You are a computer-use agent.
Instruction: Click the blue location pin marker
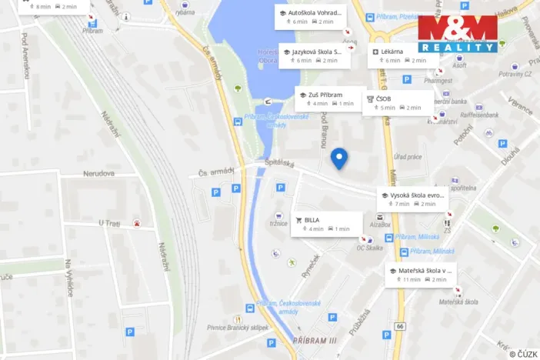click(338, 158)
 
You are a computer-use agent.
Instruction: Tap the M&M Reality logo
click(457, 35)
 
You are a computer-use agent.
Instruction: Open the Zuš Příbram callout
click(328, 98)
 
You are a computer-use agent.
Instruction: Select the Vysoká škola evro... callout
click(412, 199)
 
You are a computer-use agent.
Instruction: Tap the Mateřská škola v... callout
click(422, 275)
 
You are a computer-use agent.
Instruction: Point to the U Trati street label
click(110, 223)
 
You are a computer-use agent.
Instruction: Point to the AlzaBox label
click(380, 225)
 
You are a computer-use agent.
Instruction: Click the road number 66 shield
click(400, 327)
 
